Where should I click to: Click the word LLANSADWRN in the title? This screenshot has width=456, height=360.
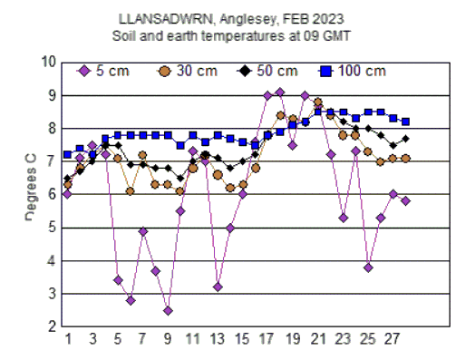[x=159, y=17]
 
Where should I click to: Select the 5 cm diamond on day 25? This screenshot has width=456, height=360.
[x=368, y=268]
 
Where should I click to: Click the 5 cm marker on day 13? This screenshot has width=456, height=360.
[x=218, y=287]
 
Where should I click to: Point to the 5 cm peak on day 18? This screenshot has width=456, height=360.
[x=280, y=92]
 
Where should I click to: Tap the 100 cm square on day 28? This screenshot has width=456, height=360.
[x=405, y=122]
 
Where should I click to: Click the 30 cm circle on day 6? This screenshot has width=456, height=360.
[x=131, y=191]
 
